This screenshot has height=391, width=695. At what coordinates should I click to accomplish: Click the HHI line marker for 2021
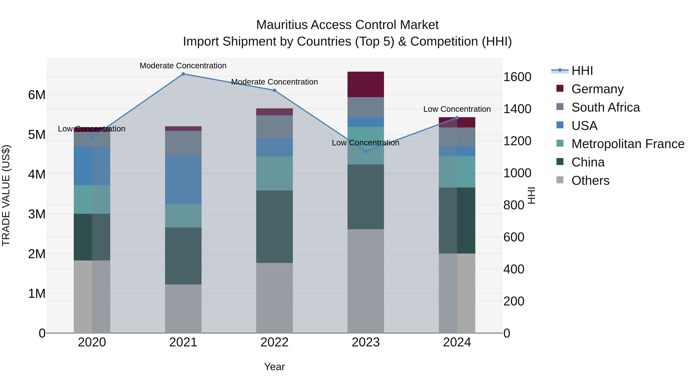coord(183,74)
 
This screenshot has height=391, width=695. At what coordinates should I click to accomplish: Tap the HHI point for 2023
coord(366,151)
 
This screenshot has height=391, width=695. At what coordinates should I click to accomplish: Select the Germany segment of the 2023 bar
coord(366,84)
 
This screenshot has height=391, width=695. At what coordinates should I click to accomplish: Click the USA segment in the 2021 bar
coord(183,180)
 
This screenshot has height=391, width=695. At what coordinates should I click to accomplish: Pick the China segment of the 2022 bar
coord(274,227)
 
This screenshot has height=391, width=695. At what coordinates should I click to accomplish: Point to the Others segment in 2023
coord(366,281)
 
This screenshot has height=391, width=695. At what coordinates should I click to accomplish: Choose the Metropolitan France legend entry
coord(628,144)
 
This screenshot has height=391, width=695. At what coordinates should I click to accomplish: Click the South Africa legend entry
coord(605,107)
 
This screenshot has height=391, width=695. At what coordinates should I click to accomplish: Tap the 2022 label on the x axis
coord(274,342)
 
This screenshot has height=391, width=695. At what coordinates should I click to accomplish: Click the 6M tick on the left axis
coord(37,95)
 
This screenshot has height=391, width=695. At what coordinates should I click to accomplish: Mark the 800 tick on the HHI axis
coord(514,205)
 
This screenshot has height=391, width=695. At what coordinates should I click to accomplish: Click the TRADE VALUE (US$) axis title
coord(6,195)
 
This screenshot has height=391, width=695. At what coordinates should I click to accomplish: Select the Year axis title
coord(274,367)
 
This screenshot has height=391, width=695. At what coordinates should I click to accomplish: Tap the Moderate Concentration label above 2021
coord(183,66)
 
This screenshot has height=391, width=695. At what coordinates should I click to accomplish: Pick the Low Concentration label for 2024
coord(457,109)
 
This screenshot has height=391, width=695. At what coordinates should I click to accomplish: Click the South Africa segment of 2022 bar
coord(274,127)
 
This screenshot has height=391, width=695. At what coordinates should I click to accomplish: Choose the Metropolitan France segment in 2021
coord(183,216)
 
